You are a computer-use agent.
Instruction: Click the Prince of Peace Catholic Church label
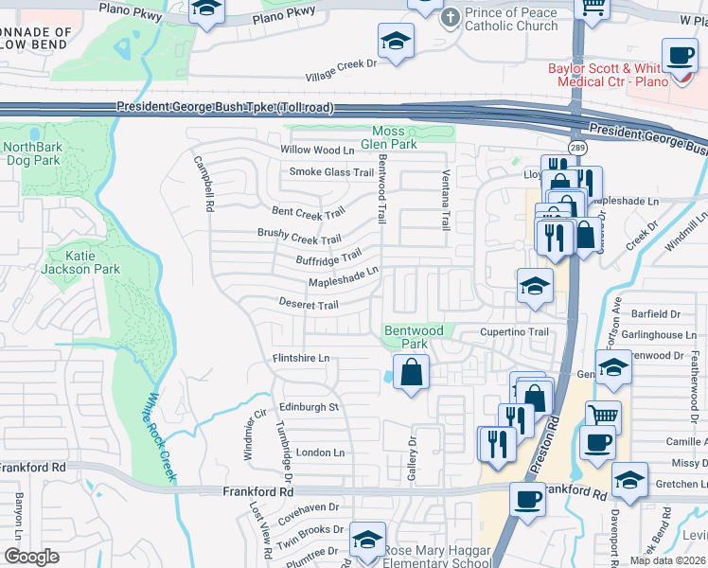(510, 20)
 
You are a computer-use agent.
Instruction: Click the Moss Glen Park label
(395, 137)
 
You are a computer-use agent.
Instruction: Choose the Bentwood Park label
(413, 337)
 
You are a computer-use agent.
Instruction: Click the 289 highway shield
(576, 149)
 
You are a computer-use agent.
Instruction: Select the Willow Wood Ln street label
(316, 151)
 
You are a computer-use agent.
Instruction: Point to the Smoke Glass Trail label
(331, 172)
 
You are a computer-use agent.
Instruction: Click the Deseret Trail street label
(308, 305)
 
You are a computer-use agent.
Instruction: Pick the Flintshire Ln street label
(301, 358)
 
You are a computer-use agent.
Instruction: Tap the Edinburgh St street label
(307, 407)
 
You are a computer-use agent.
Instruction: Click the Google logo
(31, 557)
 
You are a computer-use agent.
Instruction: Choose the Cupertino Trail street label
(514, 332)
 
